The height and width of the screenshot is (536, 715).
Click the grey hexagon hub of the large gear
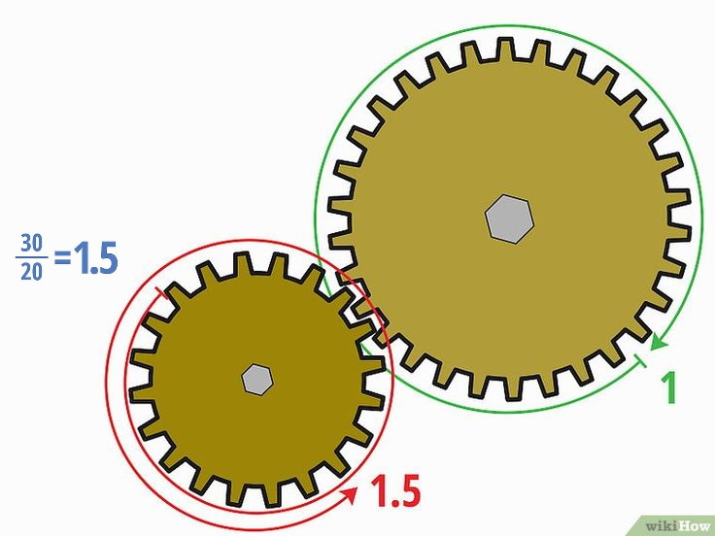[509, 218]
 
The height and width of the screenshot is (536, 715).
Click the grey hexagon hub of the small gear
[257, 380]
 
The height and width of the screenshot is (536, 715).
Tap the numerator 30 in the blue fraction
[31, 243]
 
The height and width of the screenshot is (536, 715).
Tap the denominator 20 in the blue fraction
[31, 272]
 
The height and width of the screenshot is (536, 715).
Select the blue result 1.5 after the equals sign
[95, 257]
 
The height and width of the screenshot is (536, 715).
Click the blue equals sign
[62, 258]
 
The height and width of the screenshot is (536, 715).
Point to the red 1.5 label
[395, 491]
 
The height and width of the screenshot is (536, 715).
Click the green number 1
[669, 387]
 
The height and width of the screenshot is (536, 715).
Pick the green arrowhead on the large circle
[658, 343]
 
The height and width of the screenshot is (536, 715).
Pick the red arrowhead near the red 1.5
[350, 494]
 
